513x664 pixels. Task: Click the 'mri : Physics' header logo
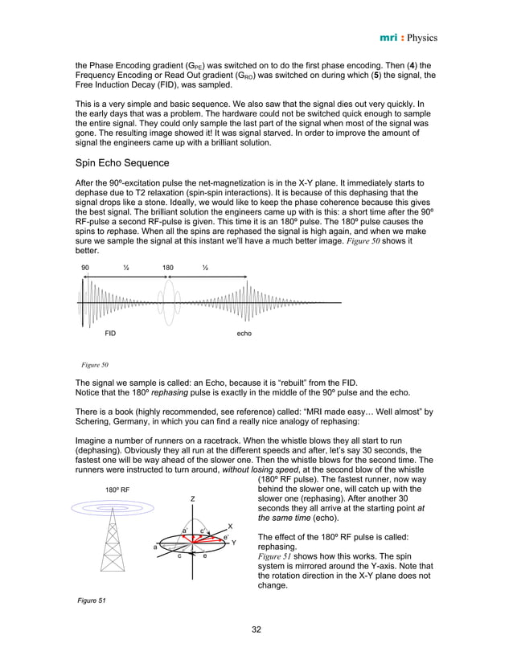click(x=406, y=37)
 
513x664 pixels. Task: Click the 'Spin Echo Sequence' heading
click(x=123, y=163)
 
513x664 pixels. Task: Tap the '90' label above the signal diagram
click(x=85, y=267)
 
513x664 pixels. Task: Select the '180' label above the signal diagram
click(x=168, y=267)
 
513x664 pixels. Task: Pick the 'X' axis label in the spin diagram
click(x=230, y=527)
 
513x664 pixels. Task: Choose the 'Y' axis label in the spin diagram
click(x=234, y=543)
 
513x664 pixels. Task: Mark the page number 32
click(x=256, y=629)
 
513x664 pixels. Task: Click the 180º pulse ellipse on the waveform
click(x=167, y=302)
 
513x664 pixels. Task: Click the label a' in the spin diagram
click(x=184, y=531)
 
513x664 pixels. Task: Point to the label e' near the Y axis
click(x=225, y=536)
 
